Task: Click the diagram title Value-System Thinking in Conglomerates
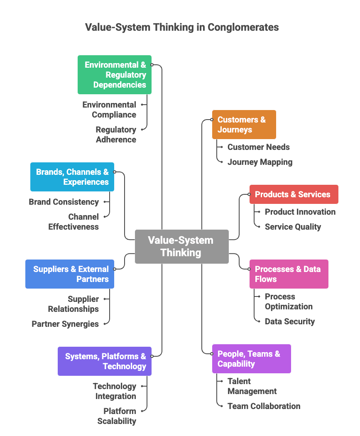coord(182,27)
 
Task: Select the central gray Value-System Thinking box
coord(181,246)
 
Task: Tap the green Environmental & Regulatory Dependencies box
coord(115,75)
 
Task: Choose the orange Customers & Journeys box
coord(244,125)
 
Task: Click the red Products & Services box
coord(294,194)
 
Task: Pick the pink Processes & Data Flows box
coord(289,274)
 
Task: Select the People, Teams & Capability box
coord(251,359)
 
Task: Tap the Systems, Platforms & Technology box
coord(105,361)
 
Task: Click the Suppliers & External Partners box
coord(70,274)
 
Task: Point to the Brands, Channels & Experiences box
coord(72,177)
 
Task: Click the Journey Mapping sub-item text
coord(260,162)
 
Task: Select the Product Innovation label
coord(300,212)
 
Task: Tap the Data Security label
coord(290,321)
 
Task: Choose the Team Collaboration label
coord(264,406)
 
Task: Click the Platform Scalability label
coord(117,416)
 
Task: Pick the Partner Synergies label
coord(65,324)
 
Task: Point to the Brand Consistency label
coord(64,202)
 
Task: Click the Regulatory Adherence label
coord(116,135)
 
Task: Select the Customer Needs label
coord(259,147)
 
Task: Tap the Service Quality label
coord(293,227)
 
